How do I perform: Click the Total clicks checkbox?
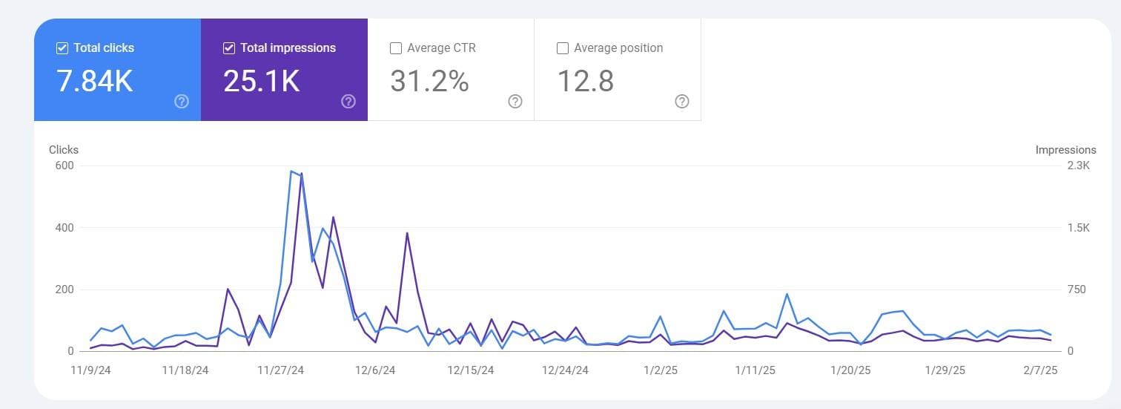click(62, 48)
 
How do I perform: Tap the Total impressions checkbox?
click(229, 48)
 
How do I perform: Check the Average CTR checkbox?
click(396, 48)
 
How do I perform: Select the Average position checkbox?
click(563, 48)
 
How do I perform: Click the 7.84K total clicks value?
click(95, 81)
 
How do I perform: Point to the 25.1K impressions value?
click(262, 81)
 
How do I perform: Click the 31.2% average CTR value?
click(429, 81)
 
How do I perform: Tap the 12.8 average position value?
click(585, 81)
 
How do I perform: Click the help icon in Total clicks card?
click(182, 102)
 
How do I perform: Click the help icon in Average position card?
click(682, 102)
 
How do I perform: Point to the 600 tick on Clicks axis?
click(65, 166)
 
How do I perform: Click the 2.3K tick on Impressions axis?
click(1078, 166)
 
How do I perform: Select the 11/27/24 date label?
click(280, 370)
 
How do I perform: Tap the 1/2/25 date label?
click(660, 370)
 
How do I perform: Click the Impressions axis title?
click(1065, 150)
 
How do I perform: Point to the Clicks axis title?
click(64, 150)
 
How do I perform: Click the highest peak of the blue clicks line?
click(291, 171)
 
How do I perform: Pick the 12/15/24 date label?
click(470, 370)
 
